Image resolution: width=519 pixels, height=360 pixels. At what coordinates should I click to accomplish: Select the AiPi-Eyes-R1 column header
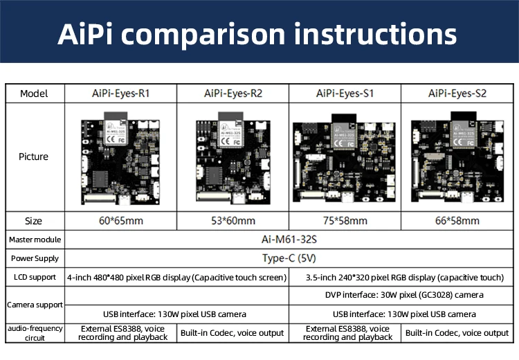click(120, 93)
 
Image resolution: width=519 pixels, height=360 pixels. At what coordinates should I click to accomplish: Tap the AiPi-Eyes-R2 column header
click(233, 93)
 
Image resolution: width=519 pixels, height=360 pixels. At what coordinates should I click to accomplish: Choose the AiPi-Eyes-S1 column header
click(345, 93)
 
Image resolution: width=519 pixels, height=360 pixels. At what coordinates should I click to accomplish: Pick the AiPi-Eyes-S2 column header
click(457, 93)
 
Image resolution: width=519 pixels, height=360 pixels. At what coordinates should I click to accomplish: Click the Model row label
click(34, 93)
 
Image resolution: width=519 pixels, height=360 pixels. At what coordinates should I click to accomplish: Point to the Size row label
click(34, 221)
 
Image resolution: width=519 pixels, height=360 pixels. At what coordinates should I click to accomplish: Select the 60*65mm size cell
click(120, 221)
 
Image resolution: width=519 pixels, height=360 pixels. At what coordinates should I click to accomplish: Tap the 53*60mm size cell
click(233, 221)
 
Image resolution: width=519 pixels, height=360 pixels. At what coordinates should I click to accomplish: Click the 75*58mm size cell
click(345, 221)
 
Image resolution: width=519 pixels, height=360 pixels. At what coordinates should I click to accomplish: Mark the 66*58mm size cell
click(457, 221)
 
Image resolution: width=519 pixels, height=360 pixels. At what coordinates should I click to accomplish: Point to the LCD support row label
click(34, 277)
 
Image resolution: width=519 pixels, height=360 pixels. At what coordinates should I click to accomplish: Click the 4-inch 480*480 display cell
click(176, 277)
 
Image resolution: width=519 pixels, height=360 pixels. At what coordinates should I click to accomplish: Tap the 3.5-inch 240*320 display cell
click(405, 277)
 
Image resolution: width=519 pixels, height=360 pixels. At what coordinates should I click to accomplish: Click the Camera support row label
click(34, 305)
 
